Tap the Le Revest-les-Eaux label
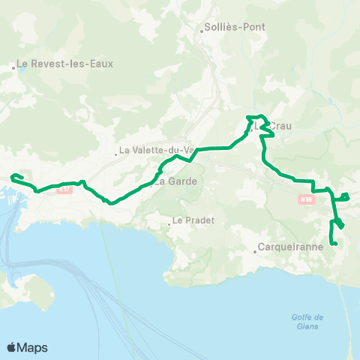[x=66, y=64]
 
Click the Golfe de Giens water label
[x=307, y=322]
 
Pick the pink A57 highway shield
[x=65, y=189]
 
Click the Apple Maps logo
[x=27, y=347]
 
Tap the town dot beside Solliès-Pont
[x=202, y=31]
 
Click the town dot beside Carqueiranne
[x=255, y=252]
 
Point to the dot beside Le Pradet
[x=169, y=220]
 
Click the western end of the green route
[x=12, y=177]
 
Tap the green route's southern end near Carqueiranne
[x=335, y=244]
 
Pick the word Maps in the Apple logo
[x=33, y=347]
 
